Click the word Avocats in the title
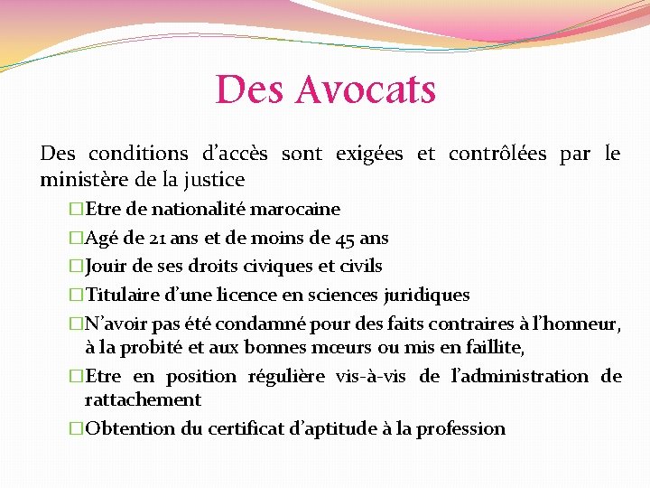366,89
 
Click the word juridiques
427,295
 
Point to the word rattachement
143,399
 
